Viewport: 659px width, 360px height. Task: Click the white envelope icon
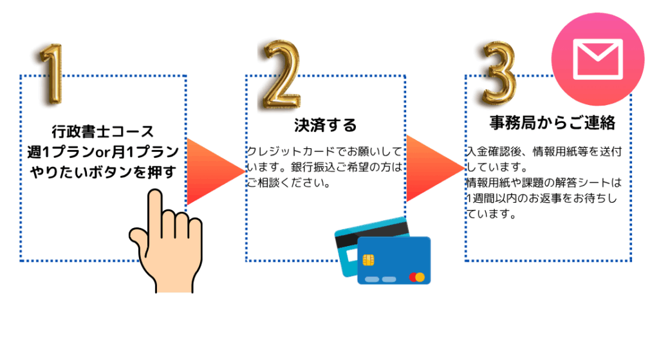(x=598, y=59)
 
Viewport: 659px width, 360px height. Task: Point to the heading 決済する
(x=325, y=125)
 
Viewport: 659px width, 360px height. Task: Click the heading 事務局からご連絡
(x=552, y=122)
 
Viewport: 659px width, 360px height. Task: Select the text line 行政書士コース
(x=103, y=131)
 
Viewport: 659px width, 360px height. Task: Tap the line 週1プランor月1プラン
(x=103, y=152)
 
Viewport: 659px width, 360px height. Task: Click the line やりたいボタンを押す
(x=103, y=172)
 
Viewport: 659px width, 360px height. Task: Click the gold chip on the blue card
(x=369, y=260)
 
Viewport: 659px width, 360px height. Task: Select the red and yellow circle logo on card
(x=417, y=277)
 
